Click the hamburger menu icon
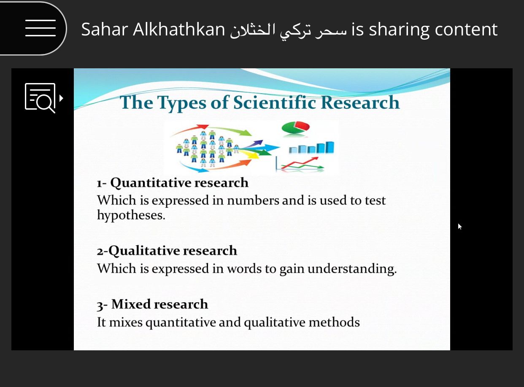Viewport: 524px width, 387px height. [41, 28]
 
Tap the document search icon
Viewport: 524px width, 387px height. [41, 98]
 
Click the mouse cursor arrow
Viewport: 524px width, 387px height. [460, 226]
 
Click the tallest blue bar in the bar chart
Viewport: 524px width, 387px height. [330, 148]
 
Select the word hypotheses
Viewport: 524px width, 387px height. [131, 215]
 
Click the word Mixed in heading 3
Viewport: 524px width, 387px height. [131, 304]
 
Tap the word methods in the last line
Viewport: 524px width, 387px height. [334, 322]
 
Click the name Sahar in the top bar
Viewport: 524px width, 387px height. [105, 30]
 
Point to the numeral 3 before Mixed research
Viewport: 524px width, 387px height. [100, 305]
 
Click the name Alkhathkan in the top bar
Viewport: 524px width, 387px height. [179, 29]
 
